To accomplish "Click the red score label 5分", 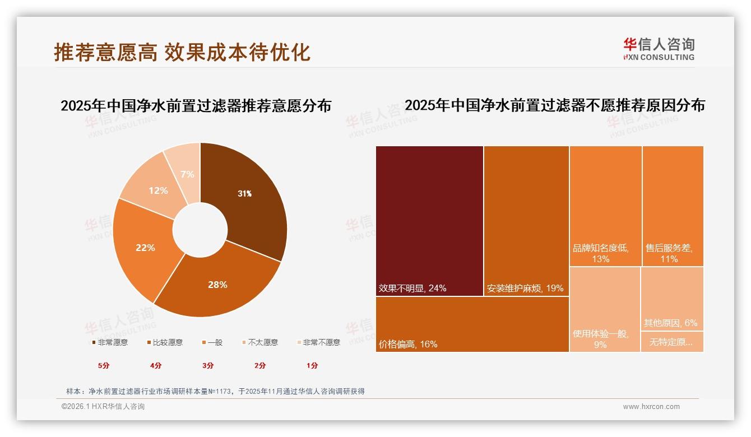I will (104, 365).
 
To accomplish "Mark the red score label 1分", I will (312, 365).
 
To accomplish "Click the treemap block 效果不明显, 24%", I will (429, 221).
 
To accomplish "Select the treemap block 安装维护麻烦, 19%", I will (526, 221).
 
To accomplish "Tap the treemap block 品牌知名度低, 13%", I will (605, 206).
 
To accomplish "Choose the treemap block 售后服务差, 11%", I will (673, 206).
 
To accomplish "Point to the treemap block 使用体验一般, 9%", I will (605, 309).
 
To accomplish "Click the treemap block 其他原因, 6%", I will (672, 299).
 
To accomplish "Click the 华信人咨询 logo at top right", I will (659, 49).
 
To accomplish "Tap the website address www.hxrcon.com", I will (651, 407).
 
